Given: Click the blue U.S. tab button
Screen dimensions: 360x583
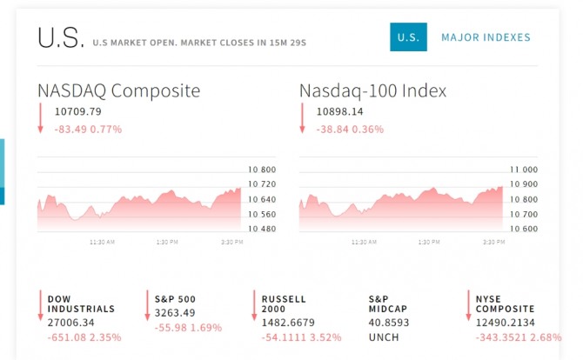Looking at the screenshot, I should tap(408, 37).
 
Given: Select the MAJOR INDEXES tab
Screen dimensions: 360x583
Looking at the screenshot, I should tap(486, 37).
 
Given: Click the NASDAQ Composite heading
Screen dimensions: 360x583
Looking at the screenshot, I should tap(118, 90).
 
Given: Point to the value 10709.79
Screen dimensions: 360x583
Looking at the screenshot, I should tap(77, 111).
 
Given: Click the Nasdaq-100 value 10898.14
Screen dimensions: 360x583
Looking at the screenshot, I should tap(340, 111).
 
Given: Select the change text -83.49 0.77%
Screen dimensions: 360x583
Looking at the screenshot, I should tap(88, 129).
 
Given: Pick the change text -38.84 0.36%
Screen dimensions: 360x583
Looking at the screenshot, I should tap(350, 129).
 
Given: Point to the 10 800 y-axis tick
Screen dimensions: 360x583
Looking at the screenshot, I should tap(262, 170).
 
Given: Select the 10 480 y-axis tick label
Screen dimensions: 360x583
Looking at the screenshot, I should tap(262, 229).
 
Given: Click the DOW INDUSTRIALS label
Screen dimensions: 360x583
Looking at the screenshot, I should tap(81, 303).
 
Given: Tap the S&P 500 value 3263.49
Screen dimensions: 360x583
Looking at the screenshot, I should tap(175, 313).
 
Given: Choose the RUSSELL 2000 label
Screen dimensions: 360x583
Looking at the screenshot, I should tap(284, 303).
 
